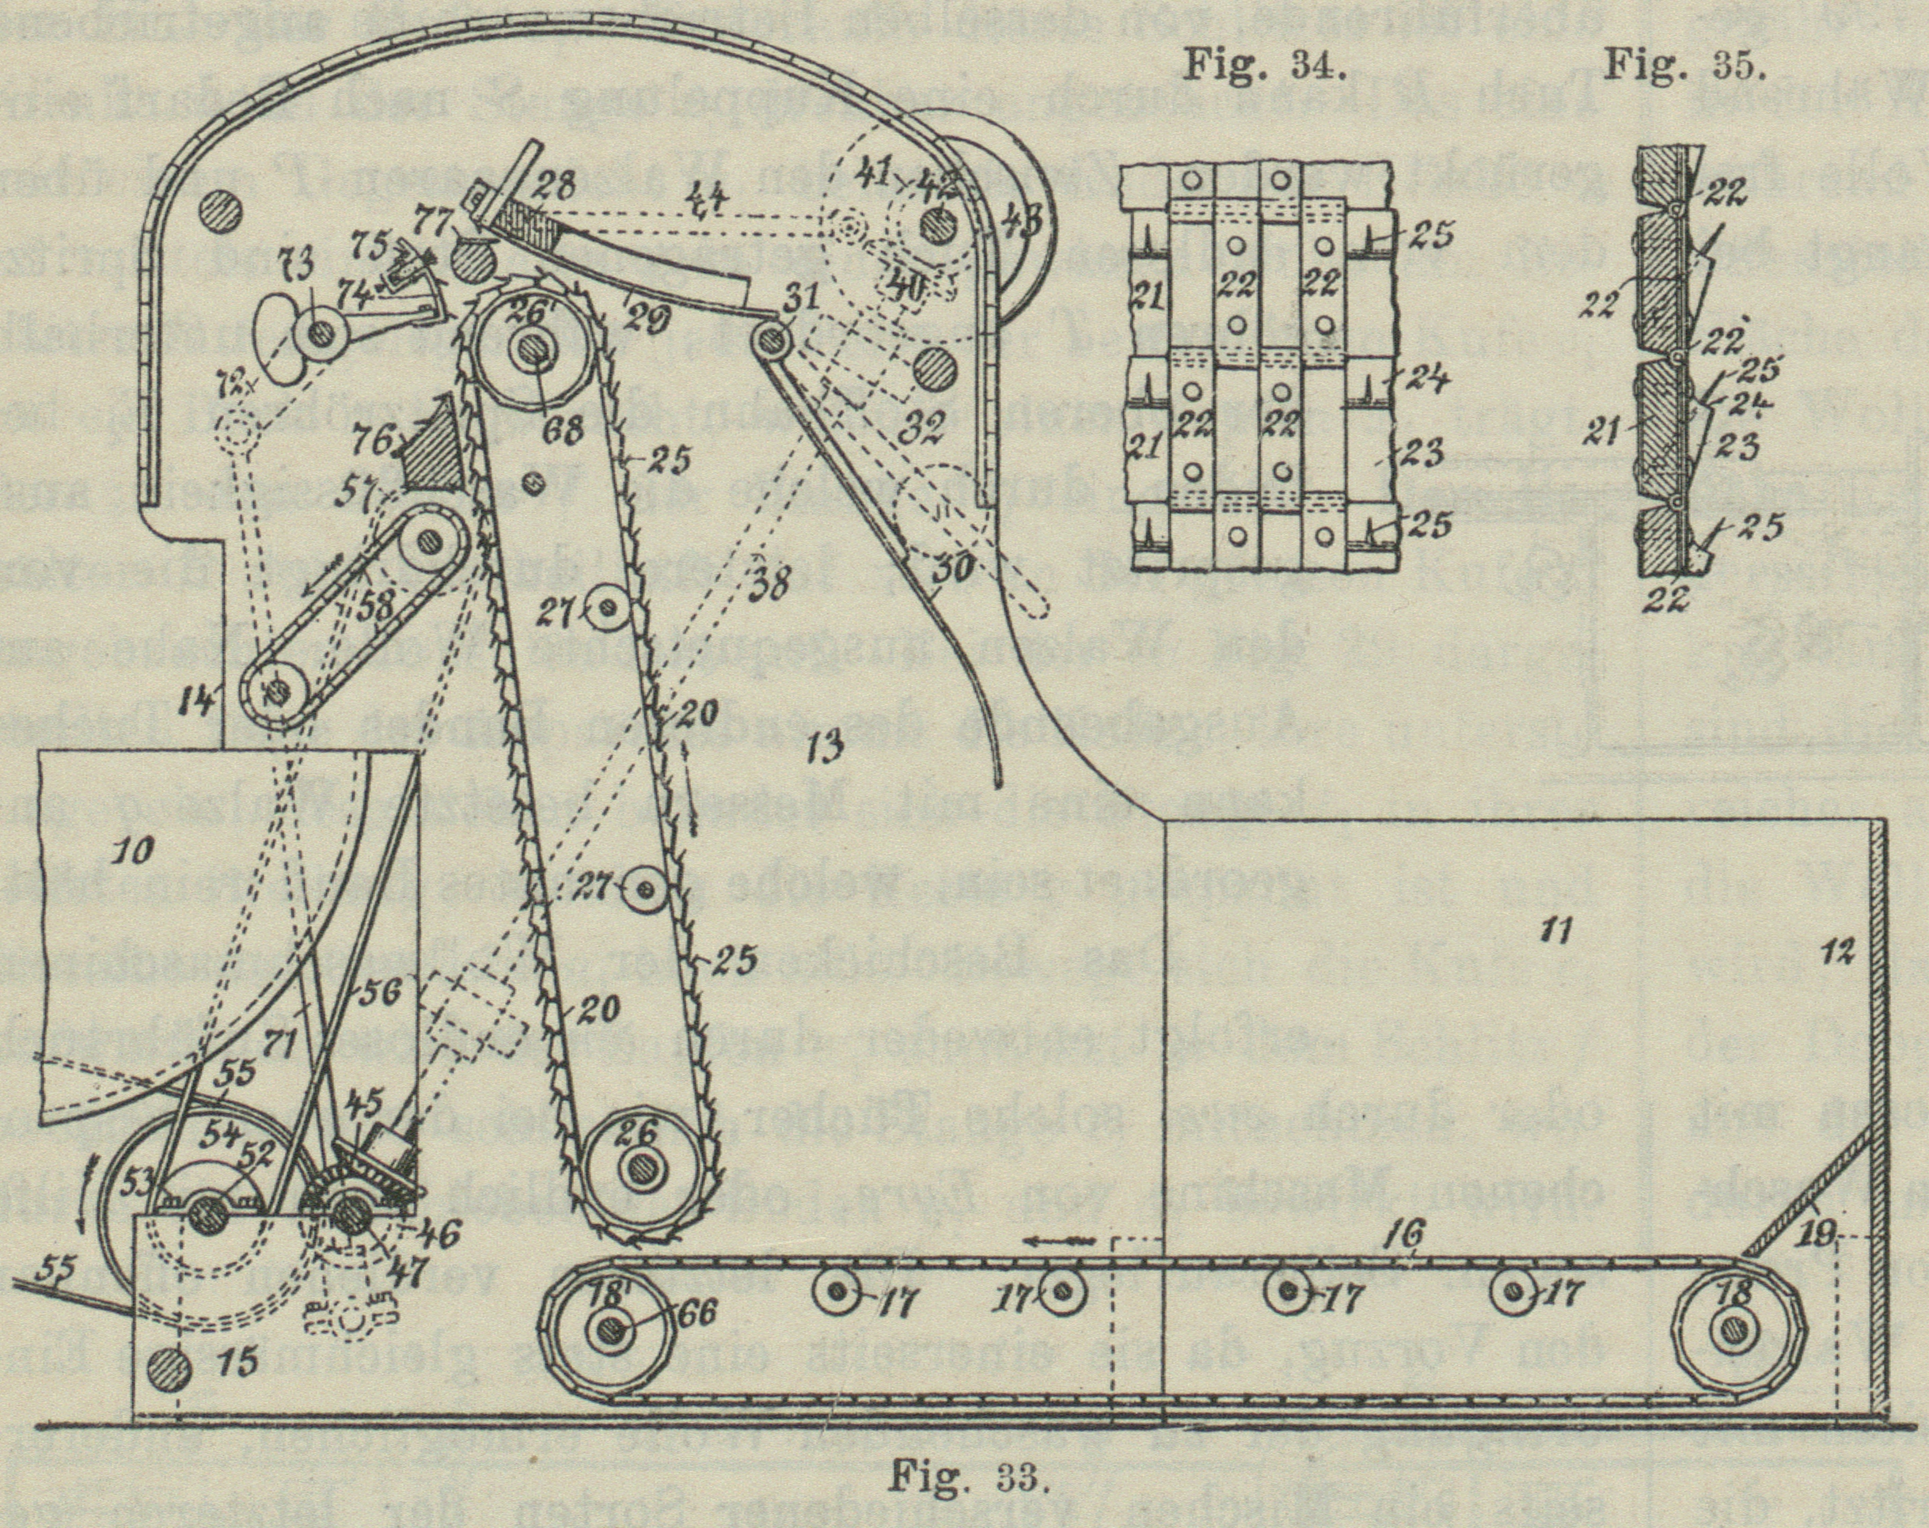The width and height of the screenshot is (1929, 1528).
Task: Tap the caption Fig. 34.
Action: (x=1266, y=64)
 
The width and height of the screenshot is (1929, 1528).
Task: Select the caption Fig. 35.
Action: (x=1684, y=64)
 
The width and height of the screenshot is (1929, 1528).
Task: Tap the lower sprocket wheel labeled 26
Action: (x=641, y=1165)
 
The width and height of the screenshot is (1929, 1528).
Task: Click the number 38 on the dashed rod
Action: (x=769, y=586)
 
